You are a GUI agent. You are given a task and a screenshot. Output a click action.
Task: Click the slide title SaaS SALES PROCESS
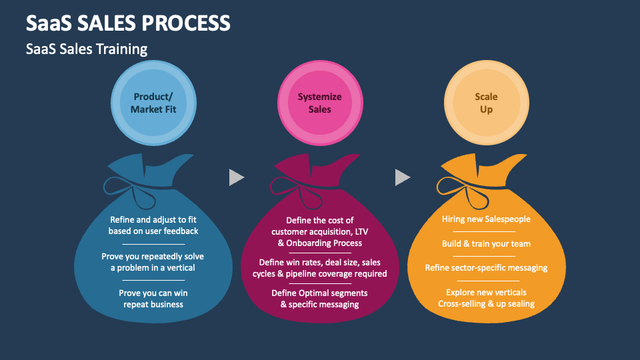click(x=128, y=23)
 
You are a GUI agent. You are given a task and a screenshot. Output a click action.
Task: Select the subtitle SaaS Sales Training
click(x=87, y=49)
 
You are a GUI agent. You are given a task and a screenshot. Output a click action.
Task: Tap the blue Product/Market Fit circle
click(x=153, y=103)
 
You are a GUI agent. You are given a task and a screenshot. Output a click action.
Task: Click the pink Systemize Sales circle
click(x=319, y=103)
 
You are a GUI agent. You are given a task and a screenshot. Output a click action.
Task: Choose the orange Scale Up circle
click(x=486, y=103)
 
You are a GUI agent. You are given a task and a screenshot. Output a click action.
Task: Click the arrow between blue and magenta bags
click(x=236, y=177)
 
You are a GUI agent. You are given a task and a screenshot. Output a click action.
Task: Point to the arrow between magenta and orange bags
click(x=402, y=177)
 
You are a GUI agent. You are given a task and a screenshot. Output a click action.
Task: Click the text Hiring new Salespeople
click(x=486, y=219)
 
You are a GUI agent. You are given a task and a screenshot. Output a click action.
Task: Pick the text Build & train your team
click(x=486, y=244)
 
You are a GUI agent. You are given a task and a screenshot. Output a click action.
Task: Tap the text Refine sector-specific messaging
click(x=486, y=268)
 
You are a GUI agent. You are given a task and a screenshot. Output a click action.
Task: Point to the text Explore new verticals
click(x=486, y=292)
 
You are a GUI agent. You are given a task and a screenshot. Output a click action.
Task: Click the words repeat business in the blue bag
click(x=153, y=305)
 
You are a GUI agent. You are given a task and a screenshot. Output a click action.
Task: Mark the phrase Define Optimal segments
click(x=319, y=293)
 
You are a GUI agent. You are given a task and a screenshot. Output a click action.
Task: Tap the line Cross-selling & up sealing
click(x=486, y=304)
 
